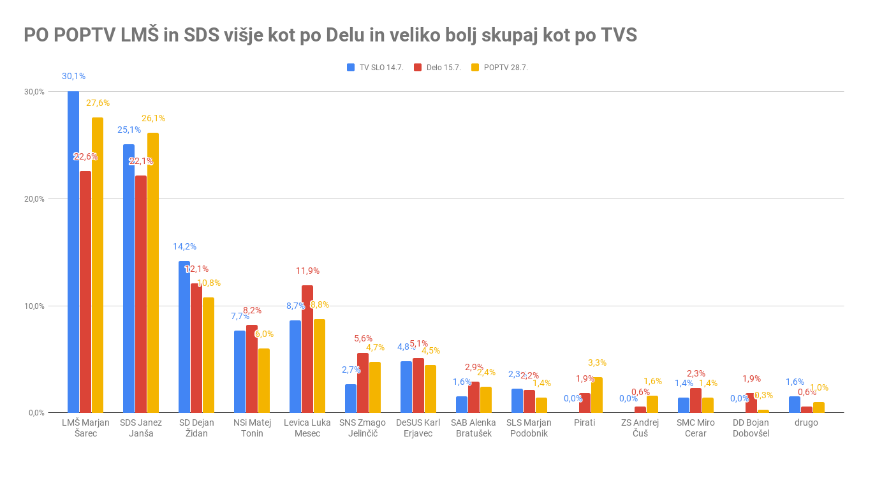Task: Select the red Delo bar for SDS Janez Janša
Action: pos(141,294)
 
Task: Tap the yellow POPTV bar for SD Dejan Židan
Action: pos(209,355)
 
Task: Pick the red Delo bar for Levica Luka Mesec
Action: pos(307,348)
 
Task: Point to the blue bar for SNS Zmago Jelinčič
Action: pos(351,398)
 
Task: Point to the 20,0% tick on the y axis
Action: pos(34,198)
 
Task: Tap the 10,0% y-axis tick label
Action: pos(34,306)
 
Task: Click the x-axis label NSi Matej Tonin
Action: pos(252,428)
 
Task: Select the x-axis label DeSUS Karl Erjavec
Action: pos(418,428)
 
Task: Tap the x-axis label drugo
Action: pos(806,422)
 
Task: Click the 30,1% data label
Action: pos(73,76)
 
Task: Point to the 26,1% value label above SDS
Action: pos(153,118)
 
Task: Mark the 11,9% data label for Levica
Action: pos(307,271)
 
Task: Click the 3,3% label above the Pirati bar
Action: pos(597,362)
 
